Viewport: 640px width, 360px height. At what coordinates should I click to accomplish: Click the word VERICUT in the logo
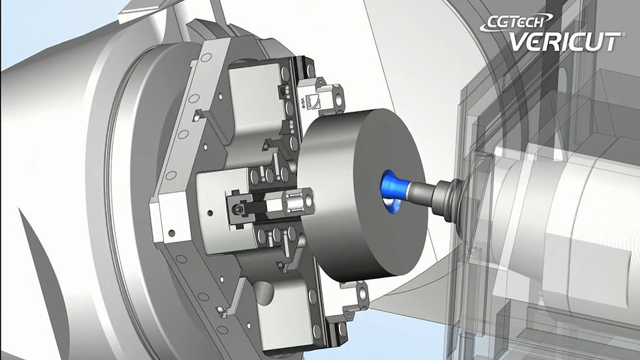point(566,42)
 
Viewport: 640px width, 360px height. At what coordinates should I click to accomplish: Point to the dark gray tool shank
point(423,189)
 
